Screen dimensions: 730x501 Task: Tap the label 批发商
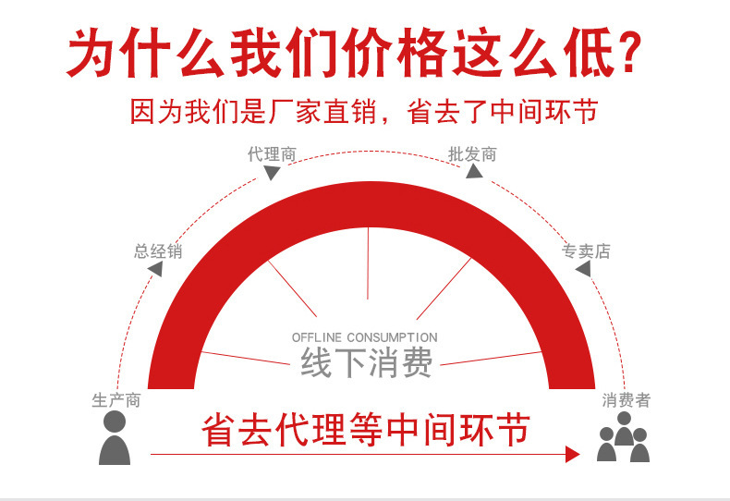tap(472, 153)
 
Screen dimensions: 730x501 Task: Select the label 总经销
tap(158, 250)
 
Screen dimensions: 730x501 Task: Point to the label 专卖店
tap(586, 250)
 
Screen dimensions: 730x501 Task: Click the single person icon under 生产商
tap(115, 438)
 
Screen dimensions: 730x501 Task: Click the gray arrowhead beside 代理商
tap(272, 173)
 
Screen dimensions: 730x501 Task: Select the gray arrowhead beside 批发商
tap(473, 172)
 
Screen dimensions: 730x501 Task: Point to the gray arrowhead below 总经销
tap(155, 269)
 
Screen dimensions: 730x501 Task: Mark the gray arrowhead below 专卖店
tap(582, 269)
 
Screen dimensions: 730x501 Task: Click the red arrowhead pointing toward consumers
tap(572, 454)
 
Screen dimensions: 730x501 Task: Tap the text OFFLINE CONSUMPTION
tap(364, 337)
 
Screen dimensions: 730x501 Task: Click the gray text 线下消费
tap(366, 362)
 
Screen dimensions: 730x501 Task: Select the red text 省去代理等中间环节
tap(366, 430)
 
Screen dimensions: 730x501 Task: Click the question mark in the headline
tap(627, 53)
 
